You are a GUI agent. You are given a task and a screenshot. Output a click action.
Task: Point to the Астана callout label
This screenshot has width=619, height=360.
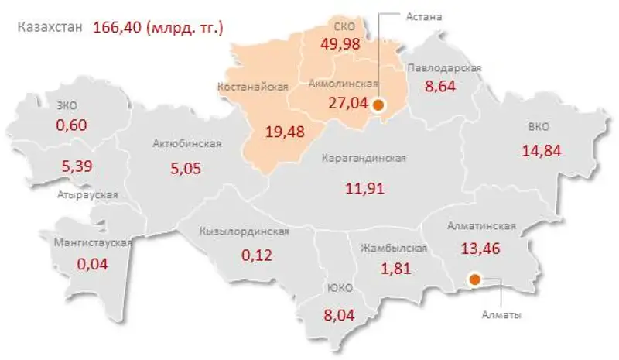[423, 15]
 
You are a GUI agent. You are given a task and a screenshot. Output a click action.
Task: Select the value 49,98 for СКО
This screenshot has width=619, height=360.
[340, 43]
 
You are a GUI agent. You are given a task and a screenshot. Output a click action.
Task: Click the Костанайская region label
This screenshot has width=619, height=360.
[258, 85]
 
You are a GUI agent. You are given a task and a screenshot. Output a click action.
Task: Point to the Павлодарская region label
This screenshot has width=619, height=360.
[445, 67]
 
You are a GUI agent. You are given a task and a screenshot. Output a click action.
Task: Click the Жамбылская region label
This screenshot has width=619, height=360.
[394, 249]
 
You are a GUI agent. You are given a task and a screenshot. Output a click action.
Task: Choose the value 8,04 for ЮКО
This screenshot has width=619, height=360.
[340, 315]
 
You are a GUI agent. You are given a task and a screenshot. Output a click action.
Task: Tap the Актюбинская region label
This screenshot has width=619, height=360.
[187, 143]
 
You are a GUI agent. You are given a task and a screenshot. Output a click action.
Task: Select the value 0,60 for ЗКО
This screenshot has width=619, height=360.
[70, 125]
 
